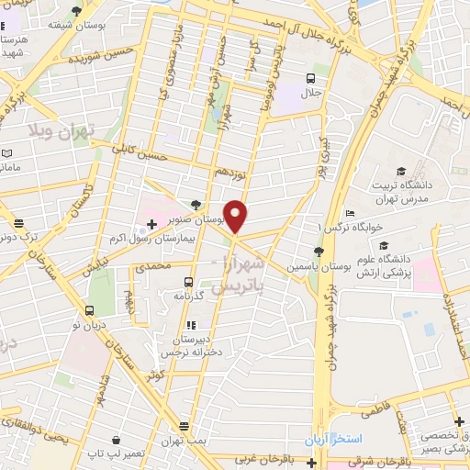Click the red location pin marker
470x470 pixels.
(236, 216)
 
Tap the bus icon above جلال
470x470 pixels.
(311, 78)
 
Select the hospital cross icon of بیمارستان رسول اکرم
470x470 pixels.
(151, 224)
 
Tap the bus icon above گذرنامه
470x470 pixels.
(188, 282)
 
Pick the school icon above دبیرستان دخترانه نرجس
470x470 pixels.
(190, 326)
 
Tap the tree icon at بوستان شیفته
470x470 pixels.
(76, 11)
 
